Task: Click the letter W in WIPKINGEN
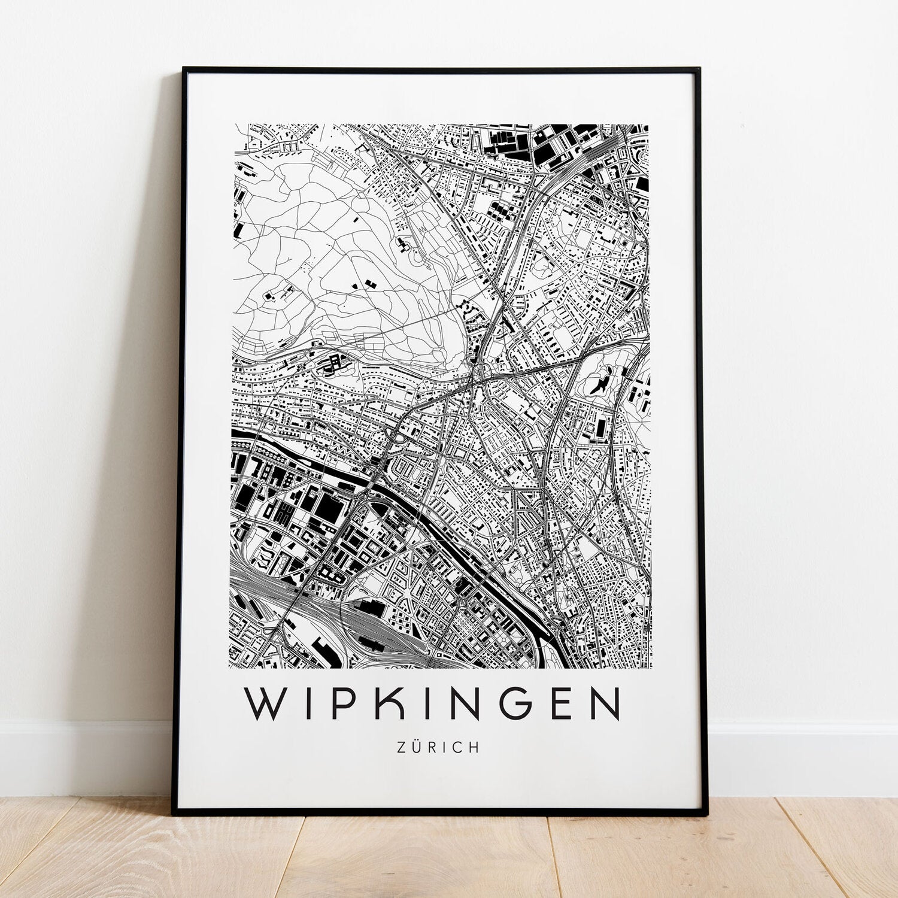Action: coord(267,704)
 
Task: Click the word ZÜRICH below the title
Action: coord(438,748)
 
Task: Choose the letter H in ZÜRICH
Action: coord(475,748)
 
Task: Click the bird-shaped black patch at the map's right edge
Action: coord(602,381)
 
